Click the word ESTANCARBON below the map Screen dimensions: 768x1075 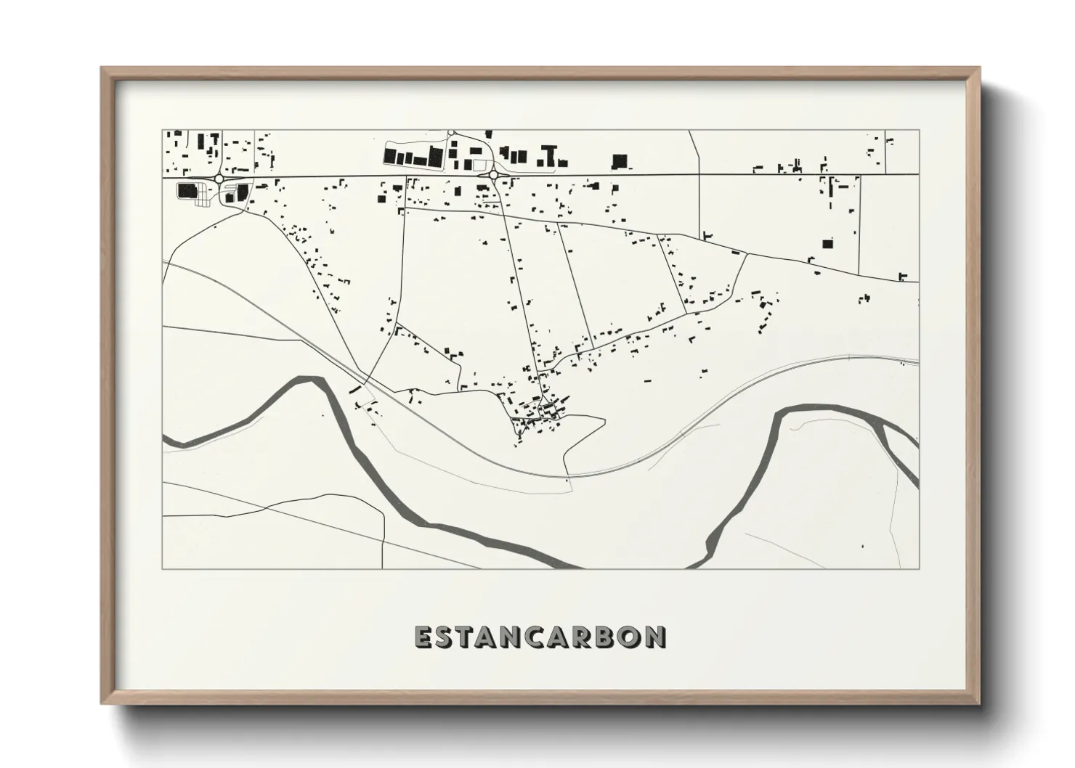(540, 637)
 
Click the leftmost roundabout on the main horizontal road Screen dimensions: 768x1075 (219, 178)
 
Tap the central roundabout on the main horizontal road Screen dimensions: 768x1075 (494, 175)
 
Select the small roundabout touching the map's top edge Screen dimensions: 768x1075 (451, 132)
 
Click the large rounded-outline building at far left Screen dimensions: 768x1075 (187, 191)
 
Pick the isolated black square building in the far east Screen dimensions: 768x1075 (827, 244)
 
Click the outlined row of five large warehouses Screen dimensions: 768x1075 (413, 157)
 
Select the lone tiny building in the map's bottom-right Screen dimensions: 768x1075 (862, 545)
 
